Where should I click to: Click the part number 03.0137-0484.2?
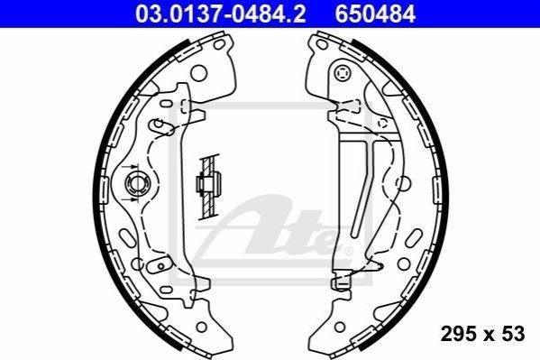pos(220,14)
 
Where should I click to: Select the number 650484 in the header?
pos(375,14)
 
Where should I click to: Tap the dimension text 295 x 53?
pos(482,334)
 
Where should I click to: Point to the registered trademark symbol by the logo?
pos(349,251)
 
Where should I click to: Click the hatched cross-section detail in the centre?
pos(208,187)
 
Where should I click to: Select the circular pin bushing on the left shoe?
pos(136,183)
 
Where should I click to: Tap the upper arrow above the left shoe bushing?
pos(130,167)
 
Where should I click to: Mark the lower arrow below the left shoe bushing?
pos(130,199)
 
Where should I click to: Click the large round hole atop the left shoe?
pos(198,73)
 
